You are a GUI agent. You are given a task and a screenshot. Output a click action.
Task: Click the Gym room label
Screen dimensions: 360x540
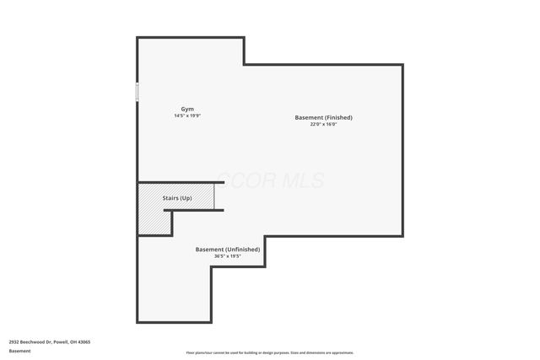pyautogui.click(x=187, y=109)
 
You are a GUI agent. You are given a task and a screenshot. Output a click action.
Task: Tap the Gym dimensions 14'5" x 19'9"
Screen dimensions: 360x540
pyautogui.click(x=187, y=116)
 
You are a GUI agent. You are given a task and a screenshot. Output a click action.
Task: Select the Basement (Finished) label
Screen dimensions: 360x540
pyautogui.click(x=323, y=117)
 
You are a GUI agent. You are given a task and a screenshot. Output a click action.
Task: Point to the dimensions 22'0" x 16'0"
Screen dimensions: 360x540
pyautogui.click(x=323, y=124)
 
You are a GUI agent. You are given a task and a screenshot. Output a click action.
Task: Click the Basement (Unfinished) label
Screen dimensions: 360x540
pyautogui.click(x=228, y=250)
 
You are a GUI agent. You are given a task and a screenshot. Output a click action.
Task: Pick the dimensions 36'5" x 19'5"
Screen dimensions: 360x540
pyautogui.click(x=228, y=256)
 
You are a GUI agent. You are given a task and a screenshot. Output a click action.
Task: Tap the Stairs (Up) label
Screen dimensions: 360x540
pyautogui.click(x=176, y=197)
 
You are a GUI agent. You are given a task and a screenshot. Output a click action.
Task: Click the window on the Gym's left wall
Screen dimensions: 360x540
pyautogui.click(x=138, y=92)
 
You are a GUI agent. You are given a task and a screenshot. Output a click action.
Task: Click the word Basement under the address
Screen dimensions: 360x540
pyautogui.click(x=19, y=351)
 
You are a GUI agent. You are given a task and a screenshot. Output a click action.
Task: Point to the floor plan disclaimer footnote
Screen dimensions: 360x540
pyautogui.click(x=270, y=352)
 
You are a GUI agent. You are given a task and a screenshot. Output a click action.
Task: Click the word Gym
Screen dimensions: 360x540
pyautogui.click(x=187, y=109)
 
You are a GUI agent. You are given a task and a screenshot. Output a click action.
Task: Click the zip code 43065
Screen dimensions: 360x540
pyautogui.click(x=84, y=341)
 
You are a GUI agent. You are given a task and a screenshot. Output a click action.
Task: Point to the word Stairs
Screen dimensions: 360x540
pyautogui.click(x=170, y=197)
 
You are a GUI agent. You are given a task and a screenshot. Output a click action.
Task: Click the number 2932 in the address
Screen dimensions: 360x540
pyautogui.click(x=14, y=341)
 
